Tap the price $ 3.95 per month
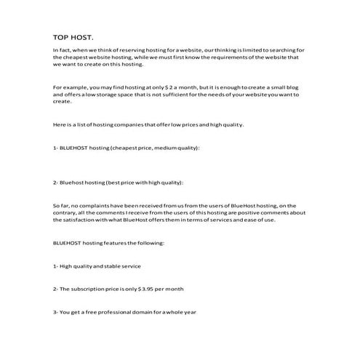pyautogui.click(x=150, y=289)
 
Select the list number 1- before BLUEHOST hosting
pyautogui.click(x=56, y=148)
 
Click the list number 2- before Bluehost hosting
pyautogui.click(x=56, y=182)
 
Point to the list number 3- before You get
pyautogui.click(x=56, y=312)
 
